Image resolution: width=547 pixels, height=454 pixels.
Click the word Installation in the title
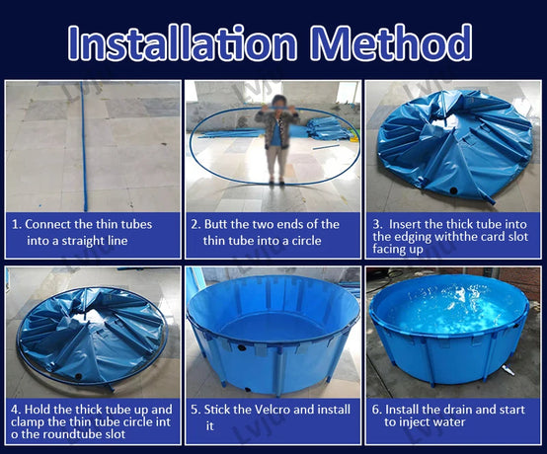pyautogui.click(x=183, y=42)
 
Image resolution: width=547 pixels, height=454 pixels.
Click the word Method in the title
pyautogui.click(x=391, y=42)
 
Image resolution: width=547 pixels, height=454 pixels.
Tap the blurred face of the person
pyautogui.click(x=278, y=102)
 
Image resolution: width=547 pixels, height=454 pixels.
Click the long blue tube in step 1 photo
pyautogui.click(x=84, y=146)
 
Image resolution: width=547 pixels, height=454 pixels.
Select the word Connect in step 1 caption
pyautogui.click(x=46, y=224)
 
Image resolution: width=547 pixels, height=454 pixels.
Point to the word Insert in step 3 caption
pyautogui.click(x=406, y=224)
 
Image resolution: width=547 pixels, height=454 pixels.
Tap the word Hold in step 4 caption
pyautogui.click(x=38, y=409)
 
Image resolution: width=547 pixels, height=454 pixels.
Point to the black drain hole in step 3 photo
pyautogui.click(x=453, y=190)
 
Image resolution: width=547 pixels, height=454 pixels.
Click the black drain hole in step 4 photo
pyautogui.click(x=79, y=377)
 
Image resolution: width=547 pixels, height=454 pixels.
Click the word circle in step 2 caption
pyautogui.click(x=305, y=241)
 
